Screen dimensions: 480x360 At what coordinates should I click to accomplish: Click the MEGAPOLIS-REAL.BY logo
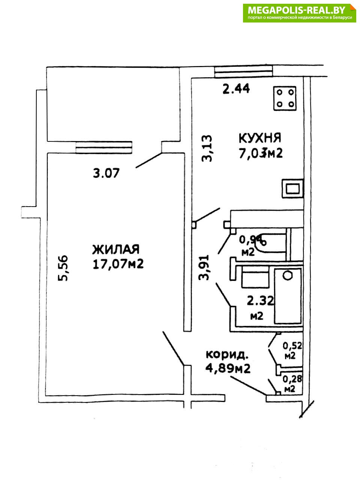[299, 13]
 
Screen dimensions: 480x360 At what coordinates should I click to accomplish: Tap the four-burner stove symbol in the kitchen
[285, 98]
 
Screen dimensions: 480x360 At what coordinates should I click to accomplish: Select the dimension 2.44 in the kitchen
[236, 89]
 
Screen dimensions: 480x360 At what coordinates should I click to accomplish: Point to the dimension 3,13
[207, 148]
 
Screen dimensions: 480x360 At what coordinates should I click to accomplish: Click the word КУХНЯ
[260, 138]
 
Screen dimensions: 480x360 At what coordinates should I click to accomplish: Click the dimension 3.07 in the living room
[106, 173]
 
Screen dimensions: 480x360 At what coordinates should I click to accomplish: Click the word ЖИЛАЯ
[116, 249]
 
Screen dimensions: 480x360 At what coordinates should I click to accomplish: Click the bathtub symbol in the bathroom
[288, 296]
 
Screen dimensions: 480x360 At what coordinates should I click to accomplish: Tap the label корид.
[226, 354]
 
